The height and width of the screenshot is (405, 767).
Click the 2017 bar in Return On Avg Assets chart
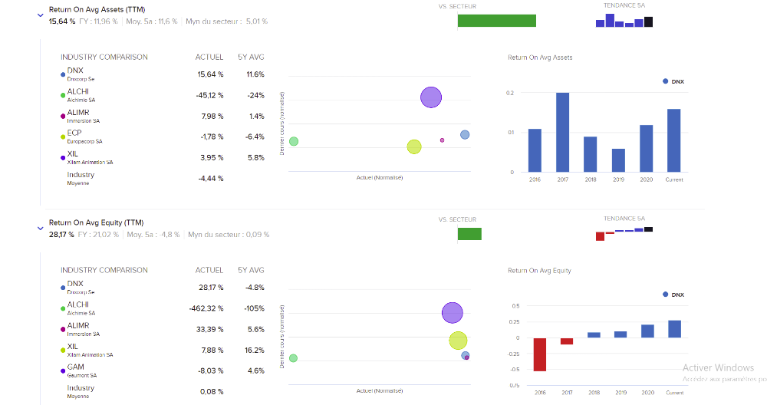pos(562,132)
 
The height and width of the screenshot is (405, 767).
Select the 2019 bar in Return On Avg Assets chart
pos(618,160)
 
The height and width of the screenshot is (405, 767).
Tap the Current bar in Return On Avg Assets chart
pos(673,140)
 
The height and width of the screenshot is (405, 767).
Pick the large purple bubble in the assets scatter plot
pos(431,97)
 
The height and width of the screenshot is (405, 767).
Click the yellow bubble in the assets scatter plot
pos(414,147)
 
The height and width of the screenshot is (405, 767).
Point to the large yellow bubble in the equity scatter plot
pos(458,340)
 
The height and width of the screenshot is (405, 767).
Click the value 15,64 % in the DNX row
pos(210,74)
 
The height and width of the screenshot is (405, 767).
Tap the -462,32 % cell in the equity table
pos(206,308)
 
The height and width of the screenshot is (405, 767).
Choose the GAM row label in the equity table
pos(76,367)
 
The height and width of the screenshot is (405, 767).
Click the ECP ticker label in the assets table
pos(74,133)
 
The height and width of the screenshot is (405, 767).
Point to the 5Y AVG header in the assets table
pos(251,57)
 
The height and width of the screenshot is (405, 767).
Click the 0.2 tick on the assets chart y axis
pos(511,93)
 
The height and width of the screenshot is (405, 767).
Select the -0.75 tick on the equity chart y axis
pos(514,386)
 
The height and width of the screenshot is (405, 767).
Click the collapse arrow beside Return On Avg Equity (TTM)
pos(41,228)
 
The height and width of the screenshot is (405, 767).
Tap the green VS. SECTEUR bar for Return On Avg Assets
pos(496,21)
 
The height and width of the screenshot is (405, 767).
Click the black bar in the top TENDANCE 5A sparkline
pos(648,21)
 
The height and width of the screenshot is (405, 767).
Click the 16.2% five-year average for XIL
pos(255,350)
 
